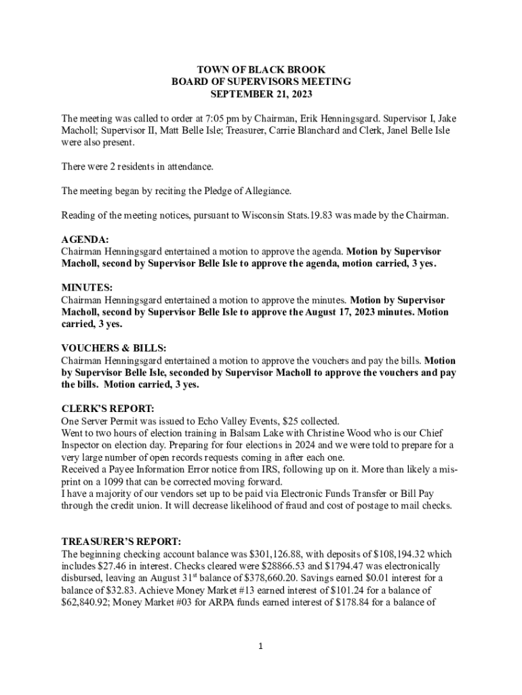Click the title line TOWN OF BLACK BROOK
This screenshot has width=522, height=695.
(261, 70)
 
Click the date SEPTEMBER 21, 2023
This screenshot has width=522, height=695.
(261, 94)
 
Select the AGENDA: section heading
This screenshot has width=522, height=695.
(85, 240)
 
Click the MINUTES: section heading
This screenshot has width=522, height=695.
(87, 288)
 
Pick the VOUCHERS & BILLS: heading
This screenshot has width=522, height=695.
(113, 348)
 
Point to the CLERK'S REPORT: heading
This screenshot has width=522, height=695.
(108, 409)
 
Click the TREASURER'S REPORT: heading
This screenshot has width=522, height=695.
(121, 542)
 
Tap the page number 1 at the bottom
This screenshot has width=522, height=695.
(260, 646)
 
